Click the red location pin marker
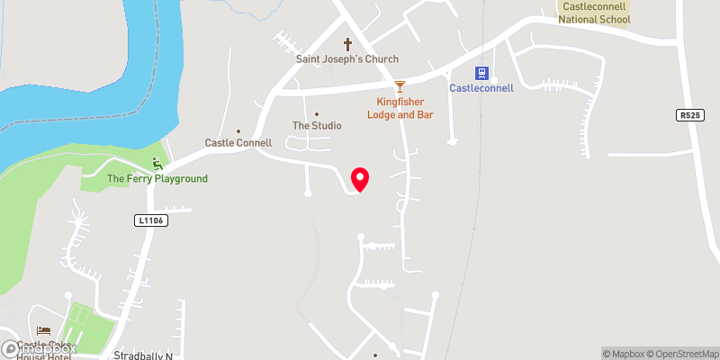360,178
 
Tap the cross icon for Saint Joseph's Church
347,44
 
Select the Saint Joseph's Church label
347,59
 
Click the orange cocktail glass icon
399,88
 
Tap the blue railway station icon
481,73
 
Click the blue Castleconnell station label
481,88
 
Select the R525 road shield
689,115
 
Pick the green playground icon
158,164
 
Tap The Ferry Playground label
157,179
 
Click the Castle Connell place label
238,143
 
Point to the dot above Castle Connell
238,131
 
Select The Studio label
317,126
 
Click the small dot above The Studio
317,114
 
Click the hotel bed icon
44,331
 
